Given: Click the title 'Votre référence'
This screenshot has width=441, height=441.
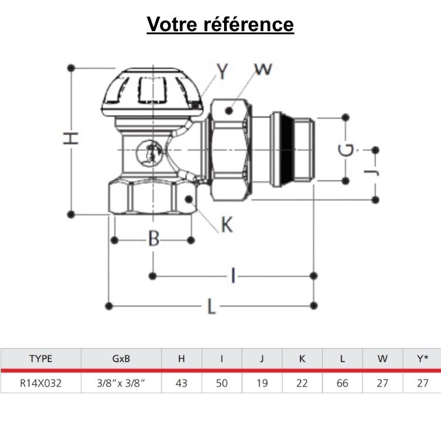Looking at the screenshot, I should click(220, 25).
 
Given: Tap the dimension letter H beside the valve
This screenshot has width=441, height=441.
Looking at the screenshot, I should click(71, 139).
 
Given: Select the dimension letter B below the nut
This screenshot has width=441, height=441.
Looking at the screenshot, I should click(153, 239).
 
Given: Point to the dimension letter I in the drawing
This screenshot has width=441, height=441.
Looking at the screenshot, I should click(233, 275).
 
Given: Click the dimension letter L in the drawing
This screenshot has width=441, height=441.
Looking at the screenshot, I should click(211, 306).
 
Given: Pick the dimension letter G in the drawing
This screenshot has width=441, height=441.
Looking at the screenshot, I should click(348, 151).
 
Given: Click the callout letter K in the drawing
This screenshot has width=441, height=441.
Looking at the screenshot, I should click(226, 224).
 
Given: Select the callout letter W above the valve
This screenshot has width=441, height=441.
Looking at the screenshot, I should click(263, 69).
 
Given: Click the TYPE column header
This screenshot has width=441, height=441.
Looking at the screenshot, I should click(41, 359).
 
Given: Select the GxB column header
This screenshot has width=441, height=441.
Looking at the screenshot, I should click(121, 359).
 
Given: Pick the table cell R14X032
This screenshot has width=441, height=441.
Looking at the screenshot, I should click(41, 383).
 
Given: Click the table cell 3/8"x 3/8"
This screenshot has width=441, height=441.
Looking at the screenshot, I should click(121, 383).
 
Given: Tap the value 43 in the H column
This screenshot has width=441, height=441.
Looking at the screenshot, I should click(182, 383).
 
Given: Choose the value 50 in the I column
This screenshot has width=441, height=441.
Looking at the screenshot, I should click(222, 383).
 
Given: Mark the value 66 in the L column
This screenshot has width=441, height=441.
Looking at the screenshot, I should click(342, 383).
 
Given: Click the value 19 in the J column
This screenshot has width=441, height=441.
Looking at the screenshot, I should click(262, 383).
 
